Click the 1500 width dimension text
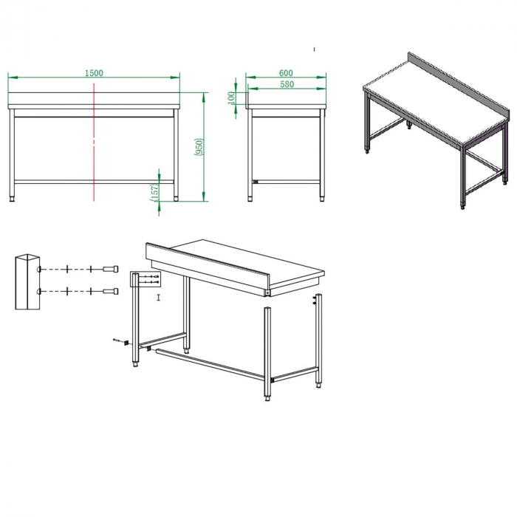94,72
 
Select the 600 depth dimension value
287,72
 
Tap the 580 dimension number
287,84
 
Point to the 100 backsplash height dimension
231,97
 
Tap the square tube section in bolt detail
24,281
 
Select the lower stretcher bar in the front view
94,181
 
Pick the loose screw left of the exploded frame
118,340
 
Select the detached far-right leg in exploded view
319,340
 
